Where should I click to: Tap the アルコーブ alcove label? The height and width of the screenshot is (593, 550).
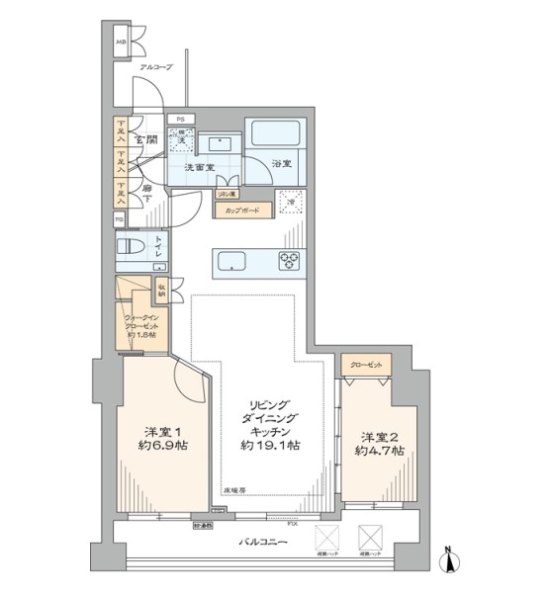[155, 67]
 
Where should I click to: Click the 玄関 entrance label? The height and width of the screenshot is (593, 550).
[146, 139]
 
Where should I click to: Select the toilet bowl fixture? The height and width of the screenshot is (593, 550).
[132, 248]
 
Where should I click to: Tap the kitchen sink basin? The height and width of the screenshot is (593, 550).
[230, 262]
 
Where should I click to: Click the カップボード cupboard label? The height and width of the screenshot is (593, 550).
[242, 211]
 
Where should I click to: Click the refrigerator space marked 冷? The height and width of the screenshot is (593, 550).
[289, 201]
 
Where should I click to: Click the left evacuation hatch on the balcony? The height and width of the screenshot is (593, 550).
[327, 540]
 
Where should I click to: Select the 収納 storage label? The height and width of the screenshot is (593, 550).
[161, 292]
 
